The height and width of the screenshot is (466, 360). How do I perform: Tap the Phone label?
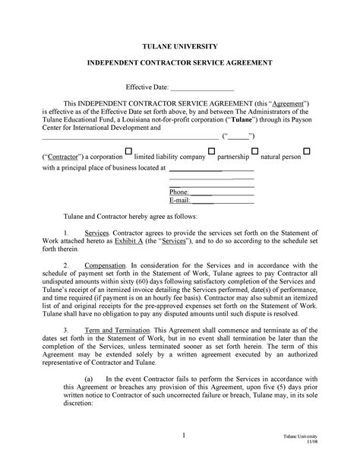click(178, 192)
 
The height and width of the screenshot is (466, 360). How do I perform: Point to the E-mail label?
click(179, 201)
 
